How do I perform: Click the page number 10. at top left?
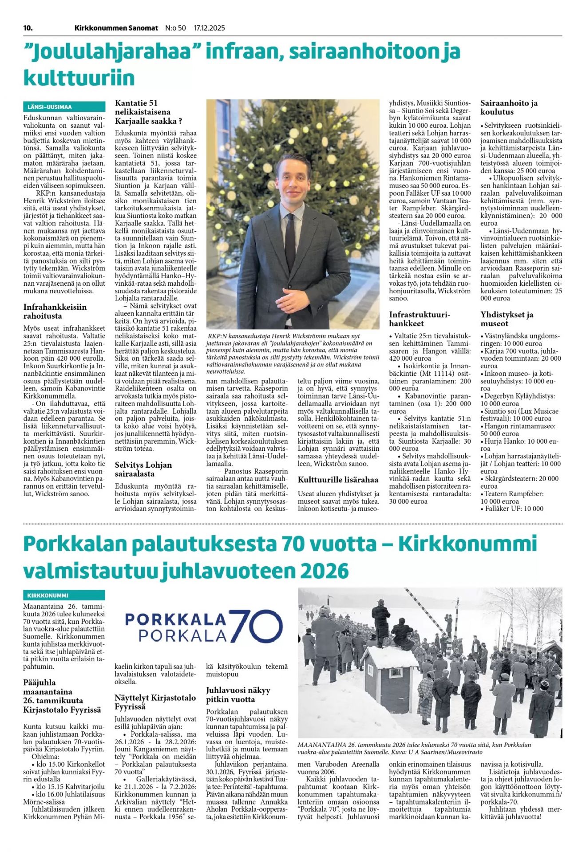pyautogui.click(x=28, y=28)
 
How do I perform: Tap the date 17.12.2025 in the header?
pyautogui.click(x=209, y=28)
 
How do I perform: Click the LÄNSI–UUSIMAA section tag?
pyautogui.click(x=50, y=107)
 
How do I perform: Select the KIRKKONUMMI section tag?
pyautogui.click(x=48, y=596)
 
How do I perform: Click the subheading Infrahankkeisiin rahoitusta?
pyautogui.click(x=55, y=311)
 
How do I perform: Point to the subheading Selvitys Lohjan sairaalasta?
pyautogui.click(x=143, y=469)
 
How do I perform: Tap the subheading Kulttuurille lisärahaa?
pyautogui.click(x=338, y=480)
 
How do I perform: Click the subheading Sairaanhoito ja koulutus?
pyautogui.click(x=509, y=107)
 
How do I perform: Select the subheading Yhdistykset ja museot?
pyautogui.click(x=507, y=319)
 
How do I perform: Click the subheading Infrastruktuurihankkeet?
pyautogui.click(x=420, y=319)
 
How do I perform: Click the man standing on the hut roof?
pyautogui.click(x=380, y=618)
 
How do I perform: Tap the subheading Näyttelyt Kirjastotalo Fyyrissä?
pyautogui.click(x=155, y=702)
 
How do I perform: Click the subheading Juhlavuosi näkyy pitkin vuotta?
pyautogui.click(x=238, y=694)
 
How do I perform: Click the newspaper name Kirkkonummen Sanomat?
pyautogui.click(x=116, y=28)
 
